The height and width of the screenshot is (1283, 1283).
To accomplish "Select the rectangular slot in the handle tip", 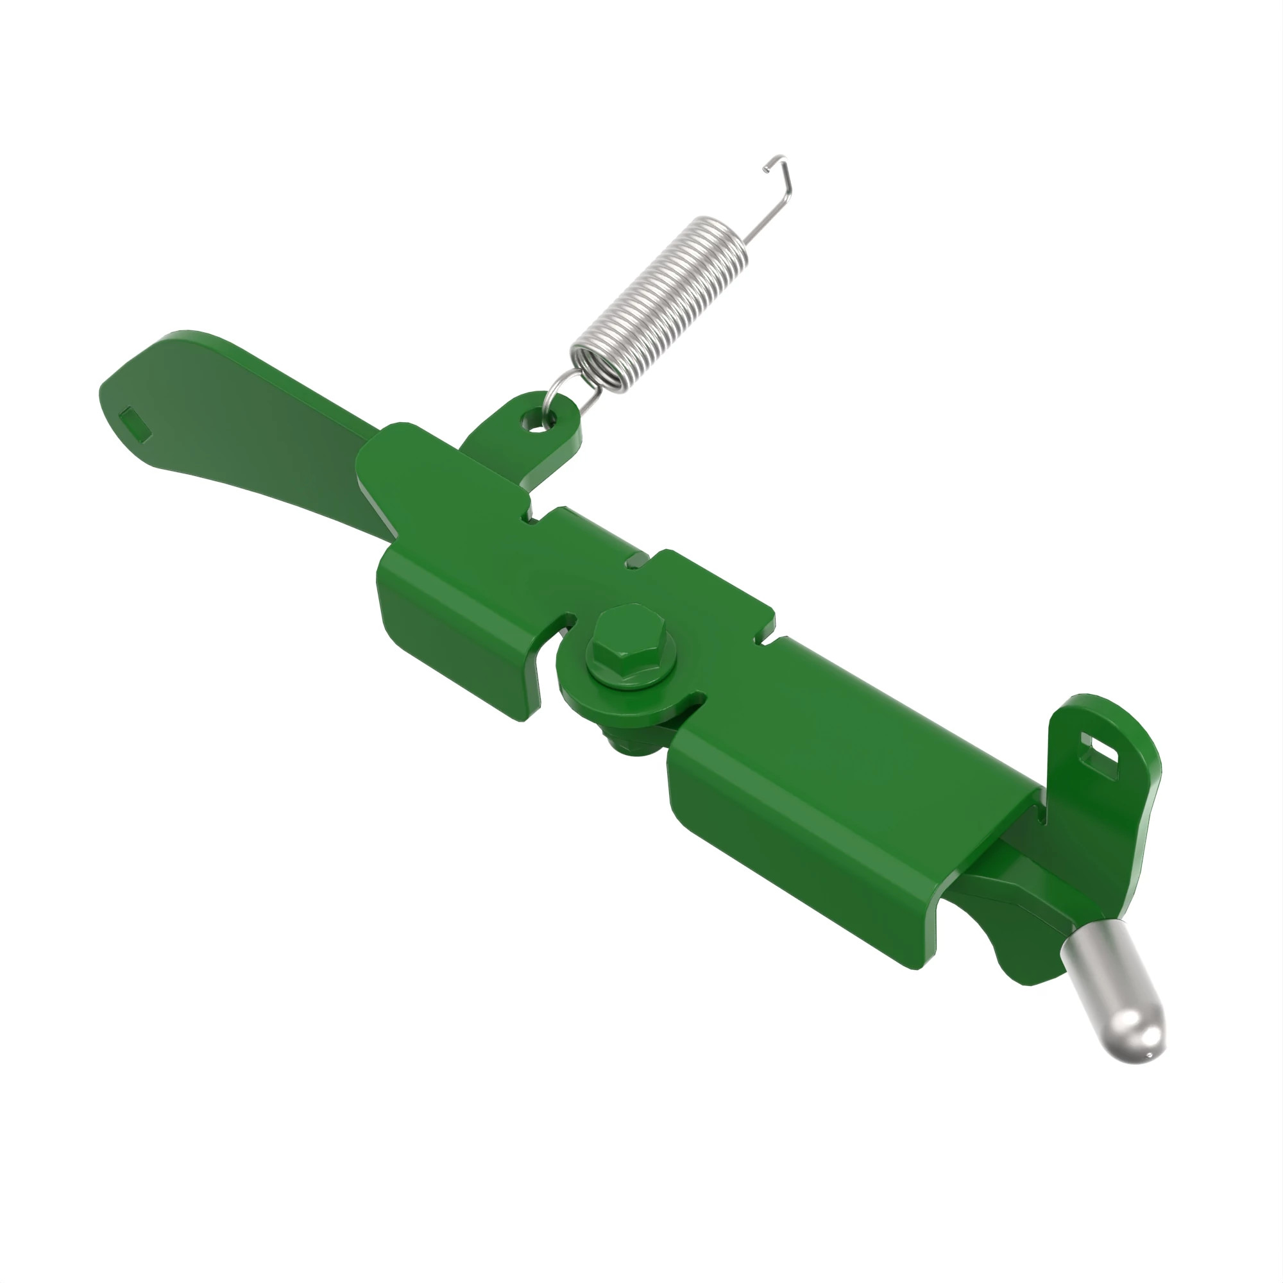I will (135, 422).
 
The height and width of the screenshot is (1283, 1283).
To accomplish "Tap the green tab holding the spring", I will (525, 438).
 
